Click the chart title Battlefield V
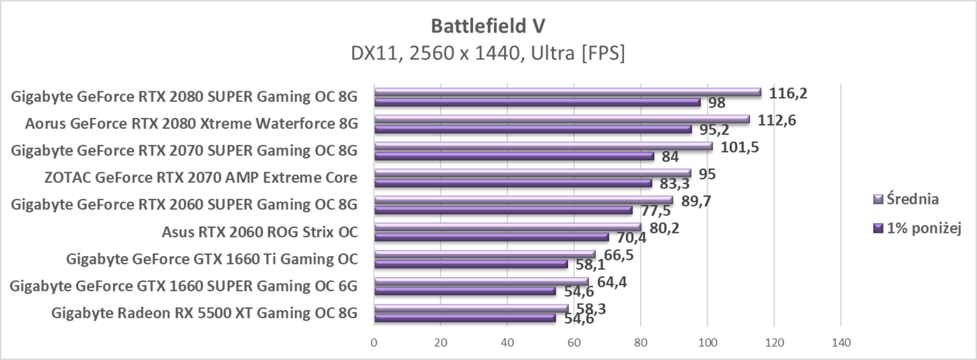pyautogui.click(x=488, y=26)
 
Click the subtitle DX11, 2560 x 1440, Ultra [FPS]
pyautogui.click(x=488, y=54)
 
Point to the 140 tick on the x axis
pyautogui.click(x=840, y=343)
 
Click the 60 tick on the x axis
pyautogui.click(x=574, y=343)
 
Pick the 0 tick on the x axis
pyautogui.click(x=375, y=343)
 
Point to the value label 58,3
pyautogui.click(x=591, y=308)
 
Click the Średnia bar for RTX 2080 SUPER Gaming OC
pyautogui.click(x=567, y=92)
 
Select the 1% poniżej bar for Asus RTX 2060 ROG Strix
pyautogui.click(x=491, y=237)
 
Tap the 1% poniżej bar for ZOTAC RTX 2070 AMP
pyautogui.click(x=513, y=183)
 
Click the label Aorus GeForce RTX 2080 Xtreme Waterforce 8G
pyautogui.click(x=191, y=124)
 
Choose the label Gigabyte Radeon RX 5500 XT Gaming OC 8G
pyautogui.click(x=204, y=313)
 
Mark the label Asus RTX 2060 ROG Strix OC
pyautogui.click(x=260, y=232)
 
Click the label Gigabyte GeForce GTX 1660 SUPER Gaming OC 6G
pyautogui.click(x=184, y=286)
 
